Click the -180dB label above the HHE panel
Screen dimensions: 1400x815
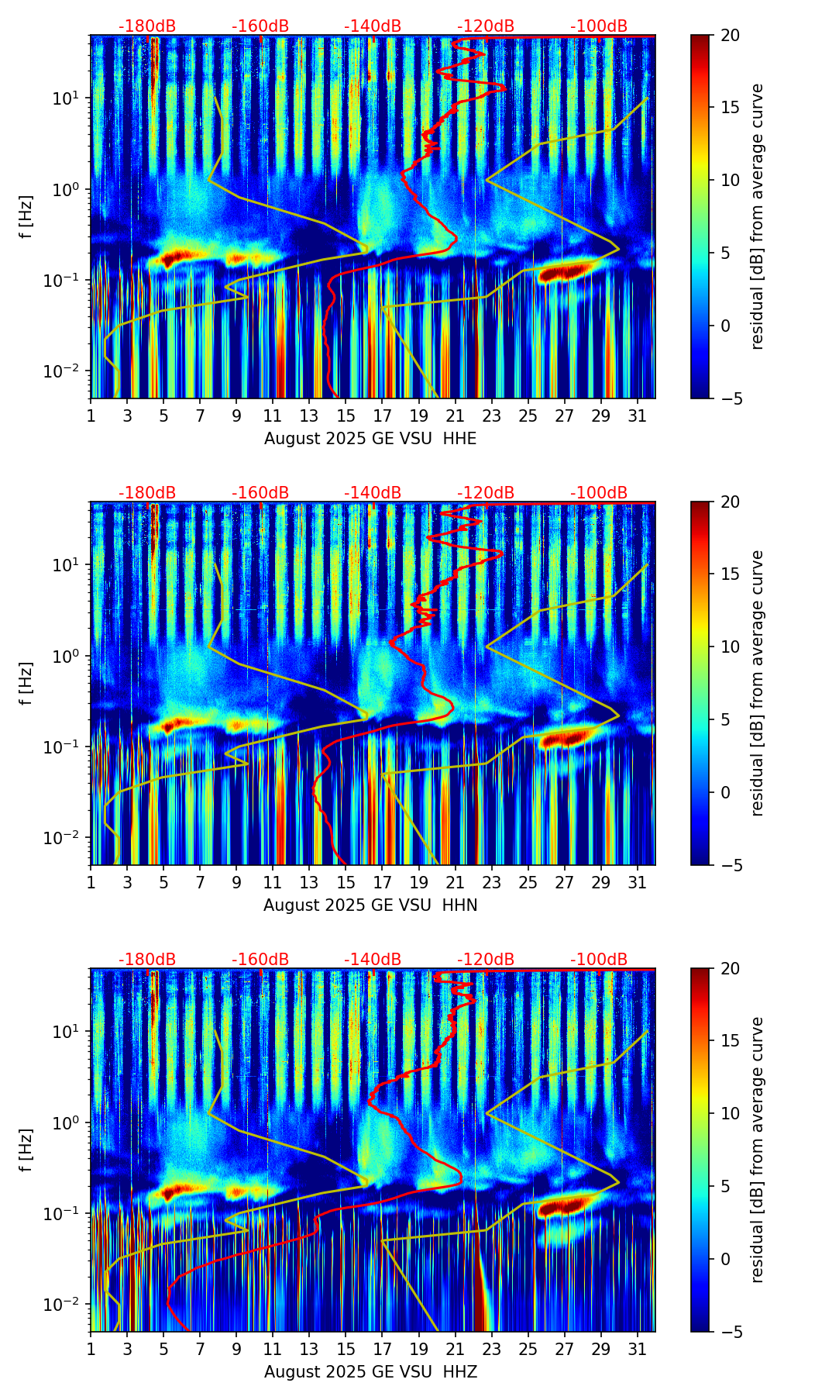(147, 26)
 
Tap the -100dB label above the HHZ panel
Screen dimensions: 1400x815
(599, 960)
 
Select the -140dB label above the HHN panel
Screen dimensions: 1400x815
(373, 493)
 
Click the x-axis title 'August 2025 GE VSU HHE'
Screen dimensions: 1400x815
(370, 439)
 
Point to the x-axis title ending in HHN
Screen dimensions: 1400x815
(370, 905)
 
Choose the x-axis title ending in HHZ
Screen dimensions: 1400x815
(370, 1372)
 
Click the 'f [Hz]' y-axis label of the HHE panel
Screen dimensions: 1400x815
(26, 216)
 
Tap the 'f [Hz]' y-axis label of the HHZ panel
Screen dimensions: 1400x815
(26, 1150)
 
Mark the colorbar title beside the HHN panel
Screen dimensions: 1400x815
(757, 683)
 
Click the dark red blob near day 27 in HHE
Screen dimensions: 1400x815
(563, 272)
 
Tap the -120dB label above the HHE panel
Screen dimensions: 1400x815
(486, 26)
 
